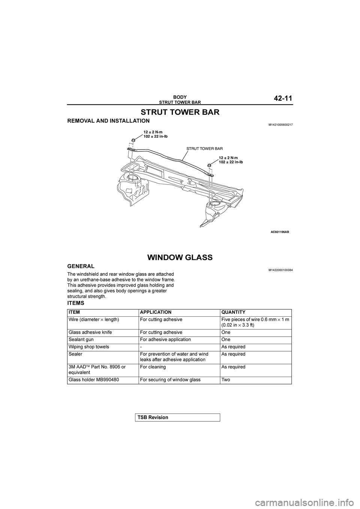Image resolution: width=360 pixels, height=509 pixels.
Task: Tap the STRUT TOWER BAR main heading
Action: click(180, 112)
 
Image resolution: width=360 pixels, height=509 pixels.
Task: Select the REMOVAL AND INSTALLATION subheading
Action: click(108, 121)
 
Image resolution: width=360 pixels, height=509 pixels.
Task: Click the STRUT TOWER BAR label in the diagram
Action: click(205, 149)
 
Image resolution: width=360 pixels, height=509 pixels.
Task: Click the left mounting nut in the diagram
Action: click(133, 141)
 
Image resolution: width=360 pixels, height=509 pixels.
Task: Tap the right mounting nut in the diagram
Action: click(209, 165)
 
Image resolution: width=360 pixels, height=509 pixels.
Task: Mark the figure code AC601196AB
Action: click(280, 232)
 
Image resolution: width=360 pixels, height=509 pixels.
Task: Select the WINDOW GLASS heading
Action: click(180, 257)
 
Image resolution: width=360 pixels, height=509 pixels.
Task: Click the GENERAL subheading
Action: click(81, 266)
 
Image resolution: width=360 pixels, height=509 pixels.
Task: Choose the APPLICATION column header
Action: click(156, 312)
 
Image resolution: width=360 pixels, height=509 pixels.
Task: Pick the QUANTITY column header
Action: click(233, 312)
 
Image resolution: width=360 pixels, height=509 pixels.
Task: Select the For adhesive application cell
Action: click(165, 340)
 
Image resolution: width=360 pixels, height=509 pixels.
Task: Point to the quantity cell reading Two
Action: click(226, 380)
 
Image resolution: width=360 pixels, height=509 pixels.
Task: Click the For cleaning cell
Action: click(153, 367)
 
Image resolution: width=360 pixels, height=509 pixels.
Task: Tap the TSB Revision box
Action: click(177, 417)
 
